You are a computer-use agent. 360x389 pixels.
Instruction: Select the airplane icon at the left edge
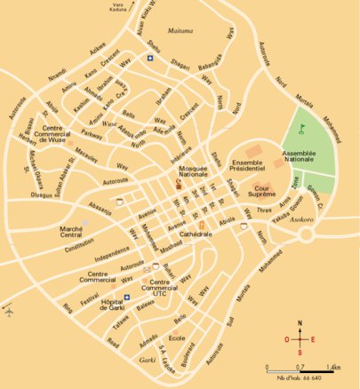[10, 313]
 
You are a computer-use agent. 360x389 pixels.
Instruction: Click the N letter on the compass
[300, 323]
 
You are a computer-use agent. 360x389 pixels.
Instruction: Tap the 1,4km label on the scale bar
[333, 366]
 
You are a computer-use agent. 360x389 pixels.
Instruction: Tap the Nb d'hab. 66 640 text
[302, 379]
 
